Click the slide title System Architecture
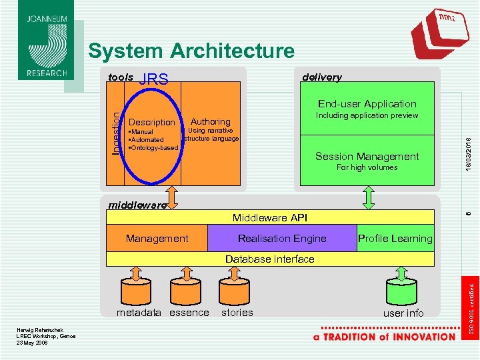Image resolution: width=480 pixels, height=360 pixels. tap(191, 51)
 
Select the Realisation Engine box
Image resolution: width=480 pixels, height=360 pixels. tap(282, 238)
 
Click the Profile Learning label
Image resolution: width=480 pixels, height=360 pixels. tap(395, 238)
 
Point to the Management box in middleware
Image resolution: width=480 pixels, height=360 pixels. tap(157, 238)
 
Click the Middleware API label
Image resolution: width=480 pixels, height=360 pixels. tap(269, 217)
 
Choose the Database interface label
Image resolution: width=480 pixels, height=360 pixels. tap(269, 259)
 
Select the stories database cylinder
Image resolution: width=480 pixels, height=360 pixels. tap(237, 291)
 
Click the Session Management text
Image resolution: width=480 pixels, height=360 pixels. tap(367, 157)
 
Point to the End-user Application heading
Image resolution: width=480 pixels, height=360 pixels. tap(367, 103)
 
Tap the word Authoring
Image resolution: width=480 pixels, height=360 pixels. tap(210, 121)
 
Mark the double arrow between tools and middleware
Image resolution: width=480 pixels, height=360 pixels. tap(173, 197)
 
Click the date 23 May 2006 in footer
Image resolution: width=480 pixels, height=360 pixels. tap(32, 342)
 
